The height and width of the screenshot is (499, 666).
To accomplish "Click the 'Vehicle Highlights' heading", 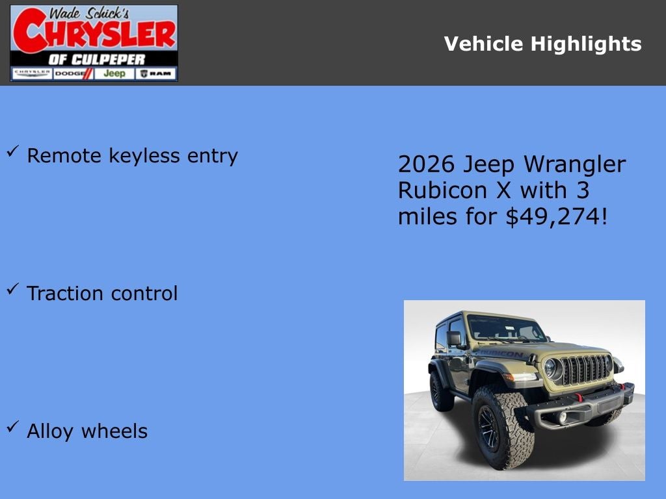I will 542,44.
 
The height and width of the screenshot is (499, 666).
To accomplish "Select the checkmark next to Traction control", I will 12,290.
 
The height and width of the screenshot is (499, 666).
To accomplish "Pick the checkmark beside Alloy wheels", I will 12,428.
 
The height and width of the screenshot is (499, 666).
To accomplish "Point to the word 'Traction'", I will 66,293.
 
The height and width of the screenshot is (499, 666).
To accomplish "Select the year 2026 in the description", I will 425,164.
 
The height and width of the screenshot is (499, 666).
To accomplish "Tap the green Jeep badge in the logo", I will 114,73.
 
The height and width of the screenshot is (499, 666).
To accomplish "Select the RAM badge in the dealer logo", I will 156,73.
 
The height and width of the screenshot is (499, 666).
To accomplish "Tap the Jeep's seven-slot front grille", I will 585,370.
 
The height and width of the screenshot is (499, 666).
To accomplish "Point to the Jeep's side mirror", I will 453,339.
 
